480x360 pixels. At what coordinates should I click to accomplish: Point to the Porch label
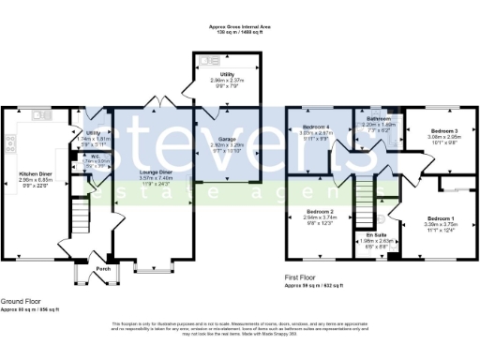[103, 269]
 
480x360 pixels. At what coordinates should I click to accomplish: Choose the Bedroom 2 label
[321, 213]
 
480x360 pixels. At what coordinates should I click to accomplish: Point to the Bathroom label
[378, 119]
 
